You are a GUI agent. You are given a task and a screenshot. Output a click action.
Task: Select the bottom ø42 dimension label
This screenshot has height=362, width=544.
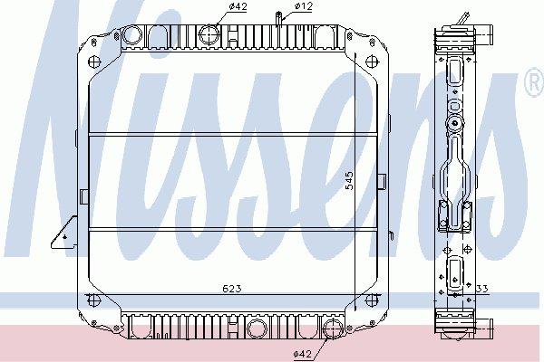tap(304, 354)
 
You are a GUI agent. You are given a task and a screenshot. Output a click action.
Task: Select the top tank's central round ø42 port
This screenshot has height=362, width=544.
tap(210, 34)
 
